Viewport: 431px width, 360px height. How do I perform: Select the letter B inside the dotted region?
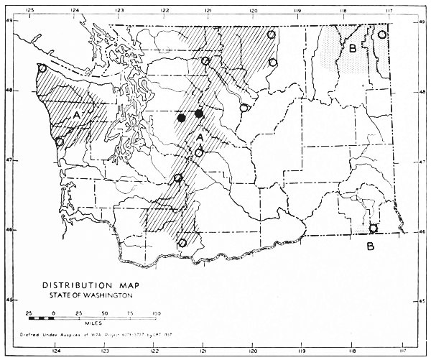pyautogui.click(x=353, y=49)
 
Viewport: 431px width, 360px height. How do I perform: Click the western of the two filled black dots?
pyautogui.click(x=182, y=117)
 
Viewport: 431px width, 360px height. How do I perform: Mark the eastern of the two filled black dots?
pyautogui.click(x=199, y=114)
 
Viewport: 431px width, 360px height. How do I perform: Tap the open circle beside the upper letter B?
pyautogui.click(x=382, y=34)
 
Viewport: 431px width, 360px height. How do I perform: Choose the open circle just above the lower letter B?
pyautogui.click(x=373, y=229)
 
